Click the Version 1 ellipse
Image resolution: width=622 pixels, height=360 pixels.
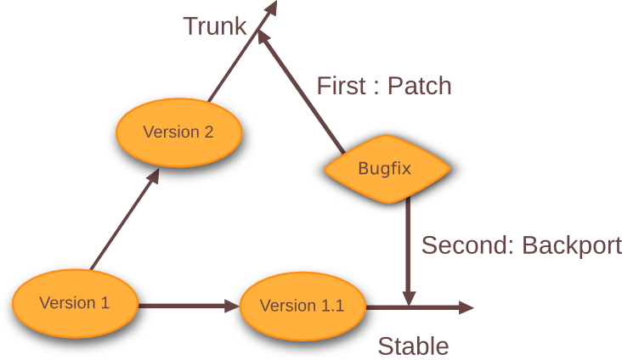tap(75, 302)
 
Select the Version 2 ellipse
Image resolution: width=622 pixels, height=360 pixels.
tap(178, 132)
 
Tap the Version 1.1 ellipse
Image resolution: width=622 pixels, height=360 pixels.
tap(302, 306)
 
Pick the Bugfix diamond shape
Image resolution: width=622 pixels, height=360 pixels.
tap(384, 167)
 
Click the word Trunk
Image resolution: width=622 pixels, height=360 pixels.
tap(214, 26)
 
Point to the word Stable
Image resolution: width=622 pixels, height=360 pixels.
tap(413, 346)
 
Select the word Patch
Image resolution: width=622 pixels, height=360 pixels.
tap(419, 86)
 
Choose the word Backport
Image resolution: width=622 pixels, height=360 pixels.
tap(572, 245)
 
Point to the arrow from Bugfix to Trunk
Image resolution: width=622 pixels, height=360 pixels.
tap(301, 90)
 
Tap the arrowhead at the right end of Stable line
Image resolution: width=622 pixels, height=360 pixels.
tap(466, 307)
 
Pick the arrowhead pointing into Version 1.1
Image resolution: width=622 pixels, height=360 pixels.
tap(231, 305)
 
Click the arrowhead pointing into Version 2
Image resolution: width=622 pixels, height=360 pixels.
tap(153, 177)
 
